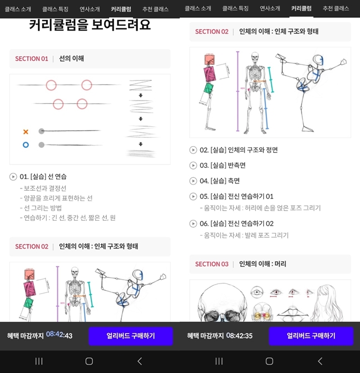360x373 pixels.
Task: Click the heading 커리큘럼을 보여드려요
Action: [90, 25]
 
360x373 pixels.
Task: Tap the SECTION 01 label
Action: [32, 59]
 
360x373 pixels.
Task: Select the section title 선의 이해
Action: [71, 58]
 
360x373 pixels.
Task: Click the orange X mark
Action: [26, 132]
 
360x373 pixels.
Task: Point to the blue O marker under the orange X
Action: [26, 145]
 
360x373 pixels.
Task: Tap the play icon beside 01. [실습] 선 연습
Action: [13, 177]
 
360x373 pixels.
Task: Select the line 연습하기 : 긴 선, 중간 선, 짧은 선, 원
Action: [68, 218]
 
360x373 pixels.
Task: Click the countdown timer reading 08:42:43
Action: [60, 335]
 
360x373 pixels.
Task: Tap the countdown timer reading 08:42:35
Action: [239, 336]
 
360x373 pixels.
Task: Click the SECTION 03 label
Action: [211, 264]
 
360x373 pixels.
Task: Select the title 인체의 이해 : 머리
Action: [263, 264]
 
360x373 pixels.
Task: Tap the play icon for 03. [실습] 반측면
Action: [193, 165]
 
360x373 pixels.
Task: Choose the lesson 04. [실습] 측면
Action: [220, 181]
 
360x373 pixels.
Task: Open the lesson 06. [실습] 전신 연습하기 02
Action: [236, 223]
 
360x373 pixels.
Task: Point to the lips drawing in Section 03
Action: [293, 314]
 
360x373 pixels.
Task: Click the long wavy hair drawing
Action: [327, 304]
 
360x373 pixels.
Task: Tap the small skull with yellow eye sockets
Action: [262, 312]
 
